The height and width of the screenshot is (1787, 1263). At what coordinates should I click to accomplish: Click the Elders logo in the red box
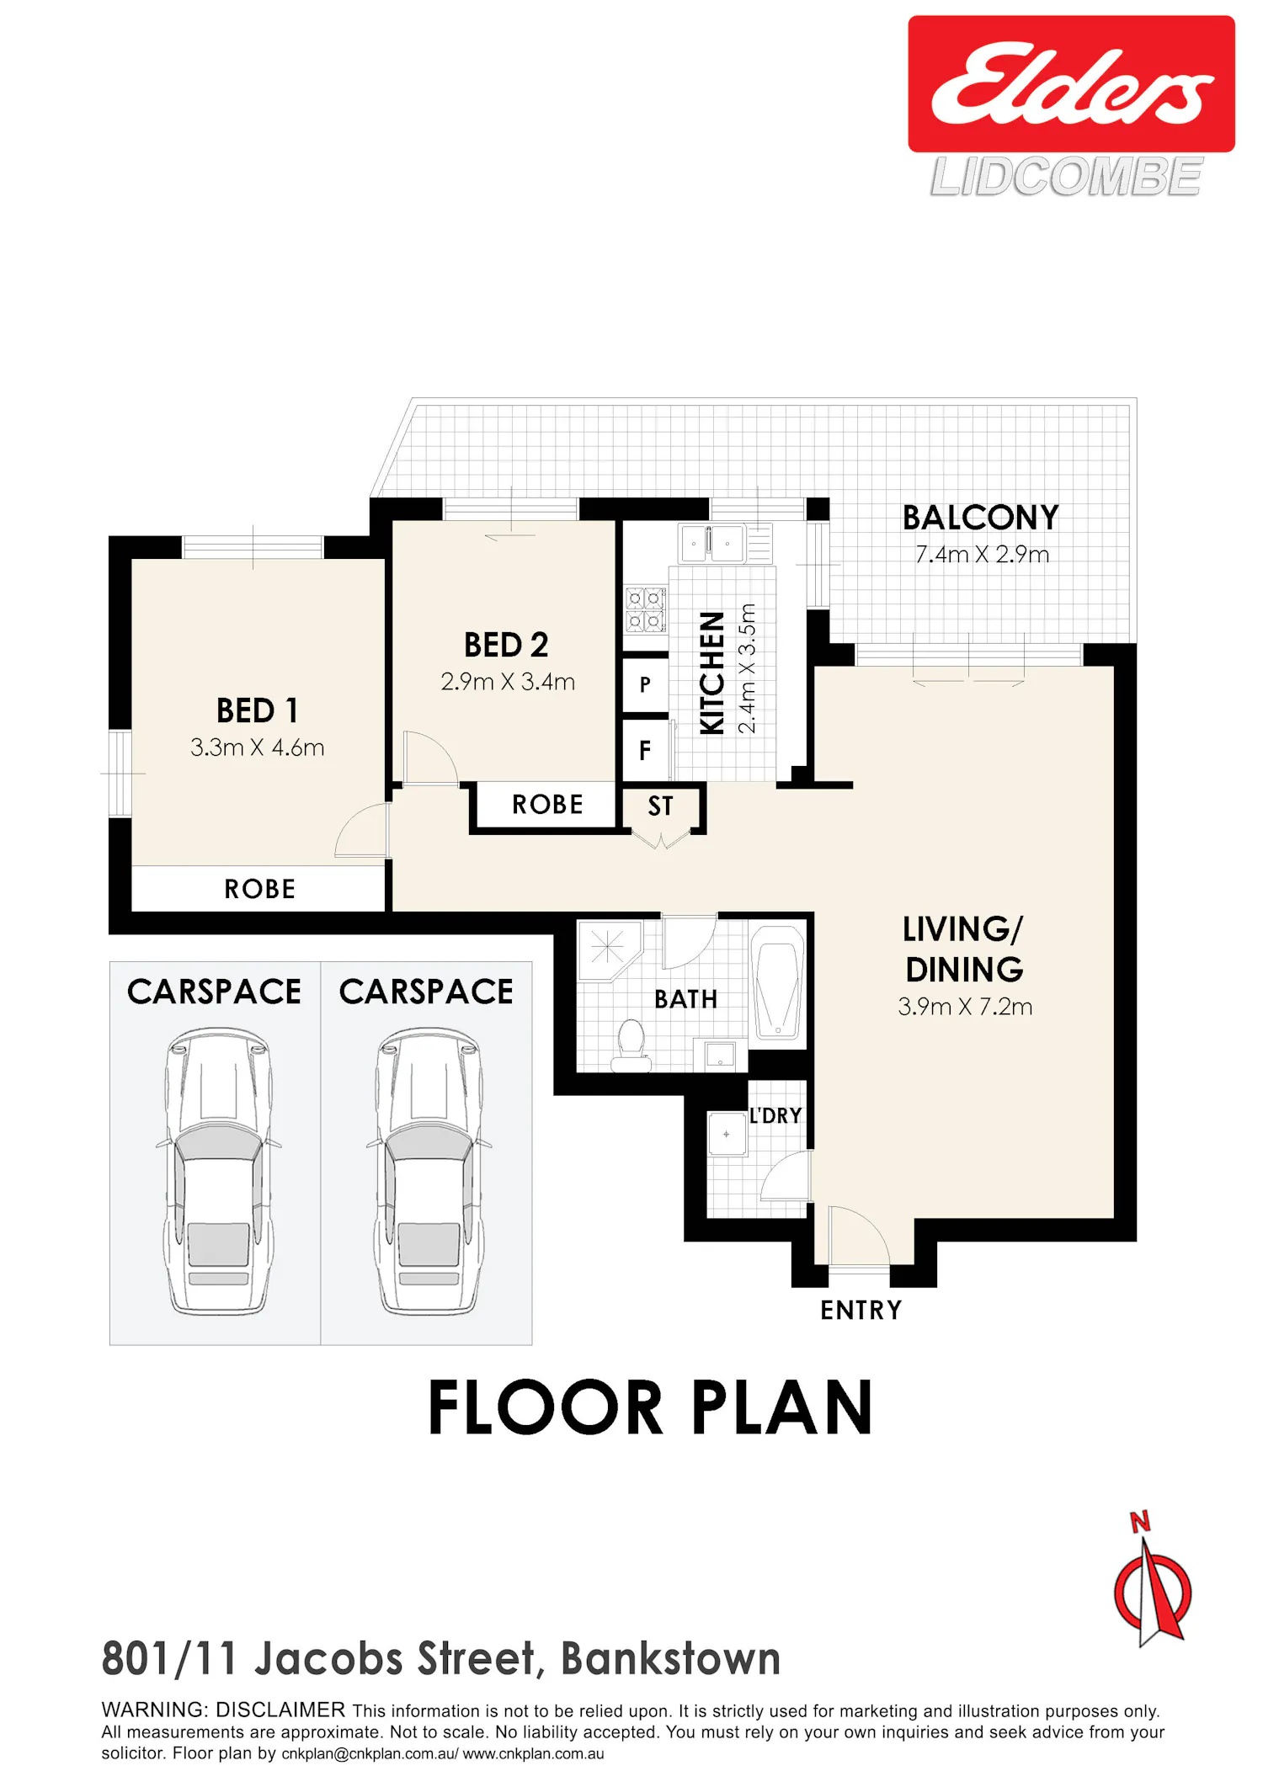pos(1071,83)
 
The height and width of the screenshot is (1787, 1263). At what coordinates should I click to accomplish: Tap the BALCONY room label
pos(980,518)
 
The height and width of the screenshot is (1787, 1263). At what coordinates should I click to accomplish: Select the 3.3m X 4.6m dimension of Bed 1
pos(257,747)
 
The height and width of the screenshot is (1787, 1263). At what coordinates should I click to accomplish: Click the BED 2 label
pos(506,645)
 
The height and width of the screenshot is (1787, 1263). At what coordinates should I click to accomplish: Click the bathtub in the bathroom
pos(777,982)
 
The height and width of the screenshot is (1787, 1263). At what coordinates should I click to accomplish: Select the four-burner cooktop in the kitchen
pos(645,610)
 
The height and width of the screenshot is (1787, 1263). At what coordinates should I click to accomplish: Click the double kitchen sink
pos(711,544)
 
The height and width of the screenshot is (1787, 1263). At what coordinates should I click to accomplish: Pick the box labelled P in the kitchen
pos(645,684)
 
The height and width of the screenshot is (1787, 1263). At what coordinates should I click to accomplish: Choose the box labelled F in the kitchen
pos(646,750)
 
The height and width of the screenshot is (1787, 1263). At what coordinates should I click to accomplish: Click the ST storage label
pos(660,806)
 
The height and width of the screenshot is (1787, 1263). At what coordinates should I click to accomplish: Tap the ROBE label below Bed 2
pos(547,805)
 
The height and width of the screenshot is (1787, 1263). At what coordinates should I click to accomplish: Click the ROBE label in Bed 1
pos(259,889)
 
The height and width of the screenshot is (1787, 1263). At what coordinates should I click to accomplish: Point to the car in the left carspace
pos(218,1171)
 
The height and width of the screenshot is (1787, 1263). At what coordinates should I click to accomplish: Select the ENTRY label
pos(861,1311)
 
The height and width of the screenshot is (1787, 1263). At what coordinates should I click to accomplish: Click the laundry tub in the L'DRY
pos(726,1134)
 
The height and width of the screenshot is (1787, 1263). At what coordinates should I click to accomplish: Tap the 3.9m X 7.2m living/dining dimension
pos(965,1007)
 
